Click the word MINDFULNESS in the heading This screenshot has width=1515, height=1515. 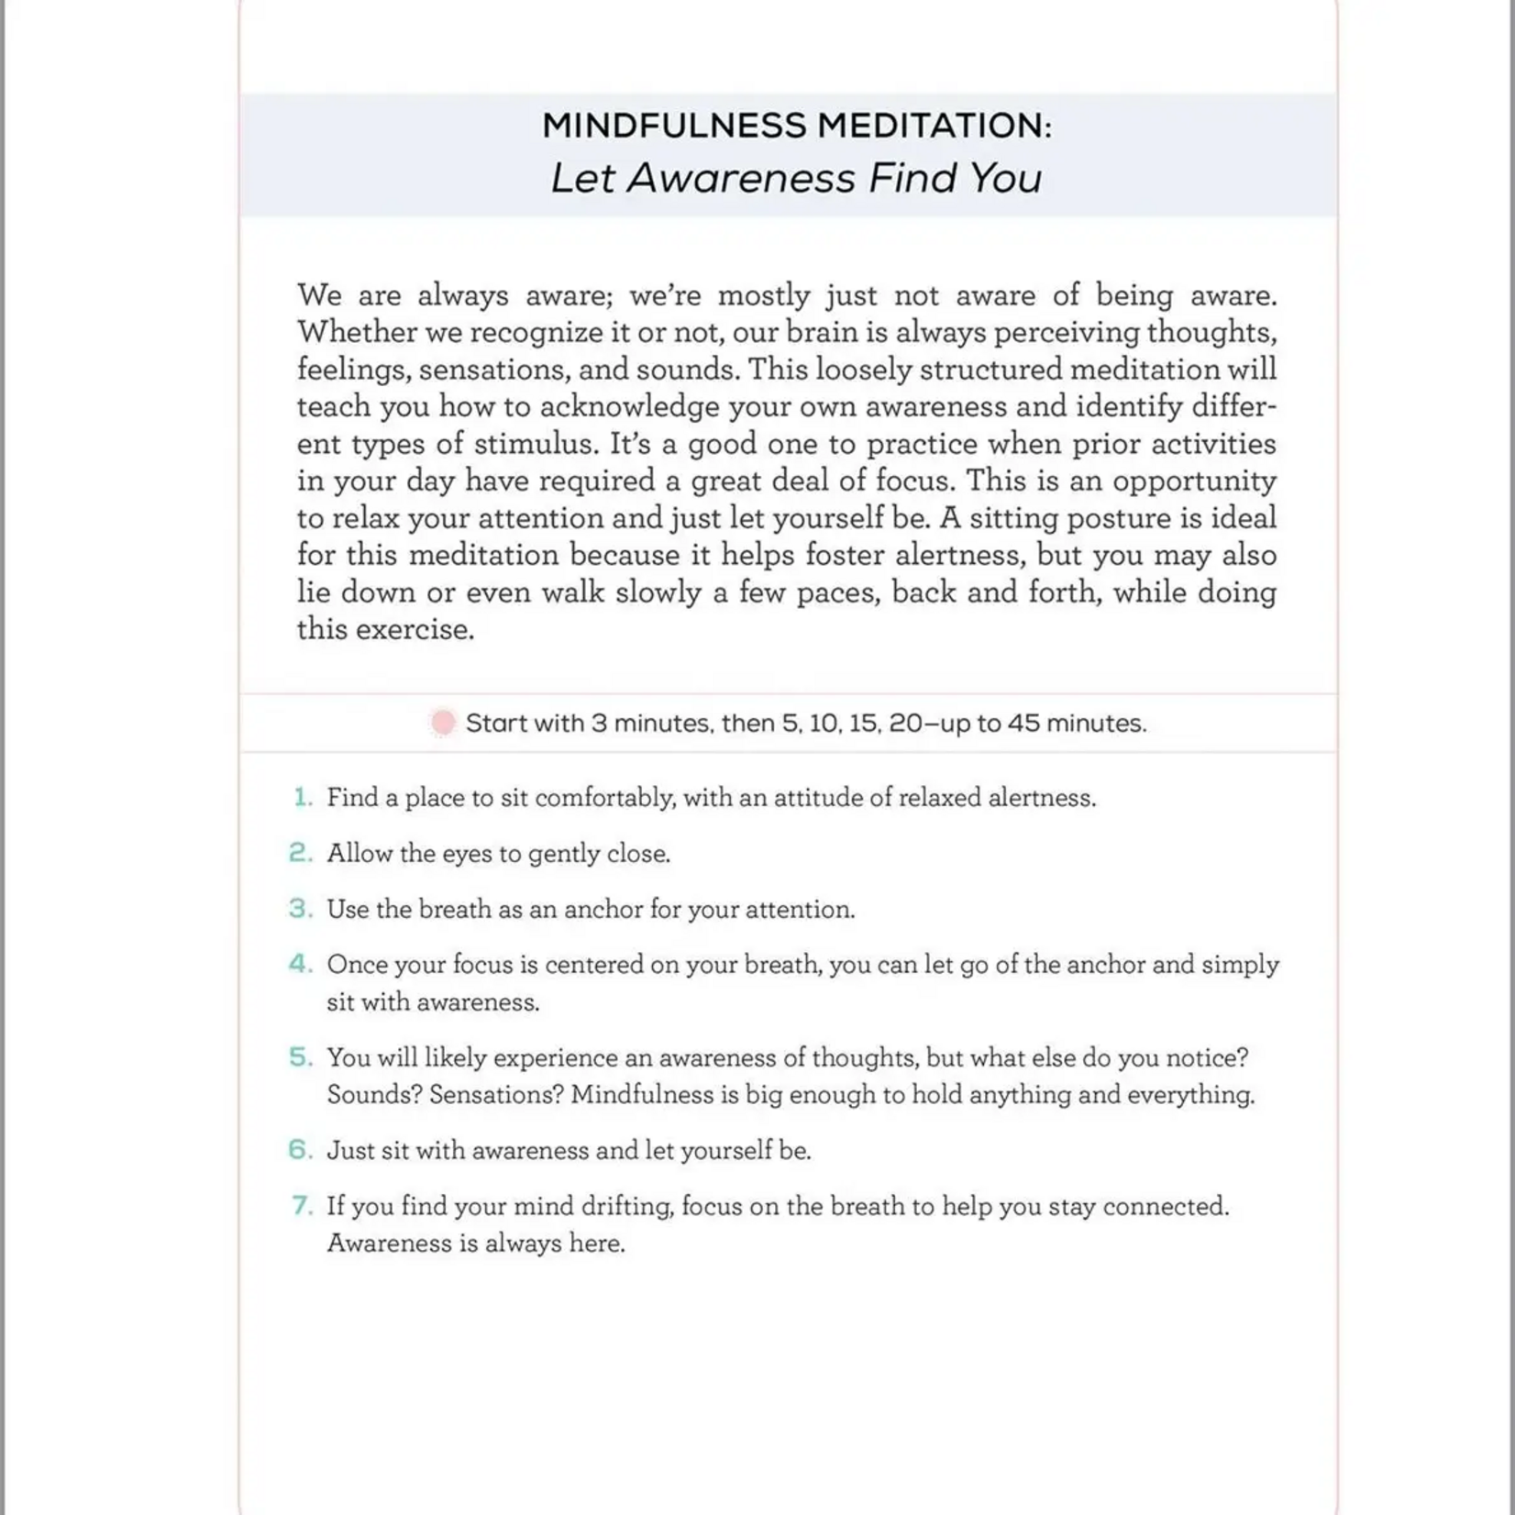click(x=673, y=126)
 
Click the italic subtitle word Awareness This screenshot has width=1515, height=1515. click(x=741, y=178)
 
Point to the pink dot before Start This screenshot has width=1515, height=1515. click(x=443, y=723)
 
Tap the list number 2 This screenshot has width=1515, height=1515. click(x=301, y=853)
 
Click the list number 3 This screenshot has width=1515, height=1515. click(x=301, y=909)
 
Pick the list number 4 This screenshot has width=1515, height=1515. click(x=301, y=964)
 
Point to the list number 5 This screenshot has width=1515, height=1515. click(x=301, y=1057)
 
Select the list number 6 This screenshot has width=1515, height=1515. click(x=301, y=1150)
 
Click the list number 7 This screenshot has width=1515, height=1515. click(x=302, y=1205)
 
